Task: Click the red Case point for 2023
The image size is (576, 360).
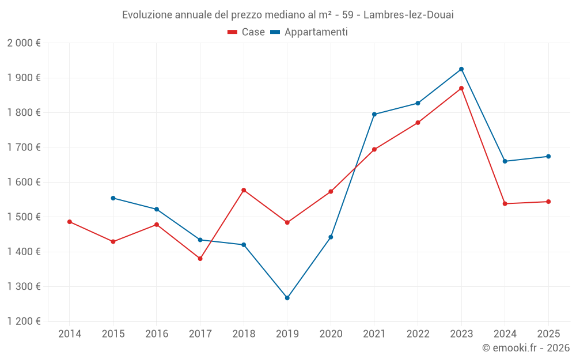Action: pos(461,88)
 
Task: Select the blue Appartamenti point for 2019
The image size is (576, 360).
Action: pos(287,298)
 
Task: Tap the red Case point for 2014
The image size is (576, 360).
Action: pos(70,222)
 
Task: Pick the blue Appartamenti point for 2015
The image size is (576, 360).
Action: pos(113,198)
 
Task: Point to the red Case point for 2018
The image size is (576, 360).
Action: pos(244,190)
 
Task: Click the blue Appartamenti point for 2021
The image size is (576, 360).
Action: pos(374,114)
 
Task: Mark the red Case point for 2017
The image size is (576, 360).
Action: pos(200,259)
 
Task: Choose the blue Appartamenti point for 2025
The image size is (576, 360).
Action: pos(548,157)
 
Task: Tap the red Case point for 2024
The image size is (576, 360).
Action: pos(505,204)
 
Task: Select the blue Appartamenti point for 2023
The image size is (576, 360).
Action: pos(461,69)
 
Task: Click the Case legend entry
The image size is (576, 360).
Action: pos(247,32)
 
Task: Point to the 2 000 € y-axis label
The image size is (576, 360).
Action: pos(24,43)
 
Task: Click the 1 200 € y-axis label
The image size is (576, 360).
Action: pos(24,321)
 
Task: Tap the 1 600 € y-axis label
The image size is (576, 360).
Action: pos(24,182)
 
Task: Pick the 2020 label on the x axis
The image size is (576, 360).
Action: pos(331,334)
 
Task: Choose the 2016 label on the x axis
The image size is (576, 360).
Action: pos(157,334)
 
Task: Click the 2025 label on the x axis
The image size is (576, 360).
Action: pos(548,334)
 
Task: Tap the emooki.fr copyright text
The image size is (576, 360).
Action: pos(525,348)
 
